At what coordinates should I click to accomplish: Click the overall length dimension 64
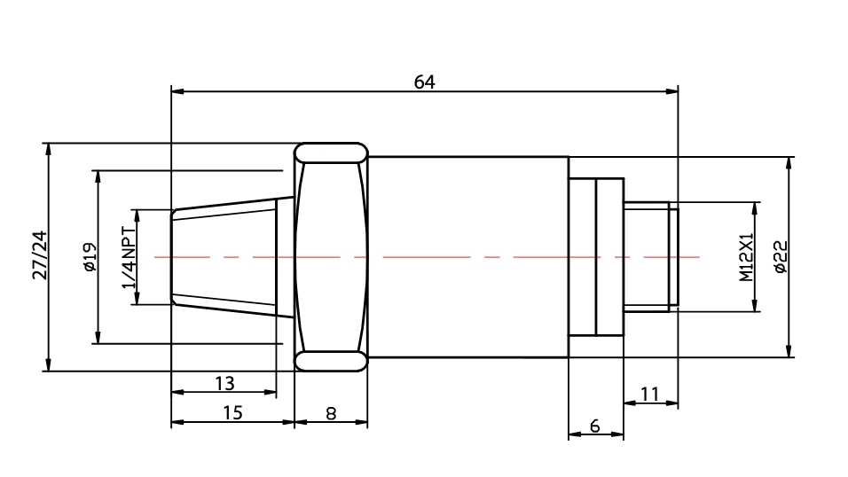click(x=425, y=82)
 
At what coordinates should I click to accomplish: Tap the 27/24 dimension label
click(x=40, y=255)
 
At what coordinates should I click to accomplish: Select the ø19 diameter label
click(x=90, y=257)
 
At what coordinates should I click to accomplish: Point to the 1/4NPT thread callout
click(x=129, y=257)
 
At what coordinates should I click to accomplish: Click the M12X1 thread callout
click(x=746, y=257)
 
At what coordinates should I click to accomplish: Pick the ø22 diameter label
click(x=781, y=257)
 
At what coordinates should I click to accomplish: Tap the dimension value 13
click(x=225, y=383)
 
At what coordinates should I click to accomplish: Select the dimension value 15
click(x=232, y=412)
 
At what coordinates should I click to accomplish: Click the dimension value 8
click(x=331, y=414)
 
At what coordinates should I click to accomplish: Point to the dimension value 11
click(x=649, y=395)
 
